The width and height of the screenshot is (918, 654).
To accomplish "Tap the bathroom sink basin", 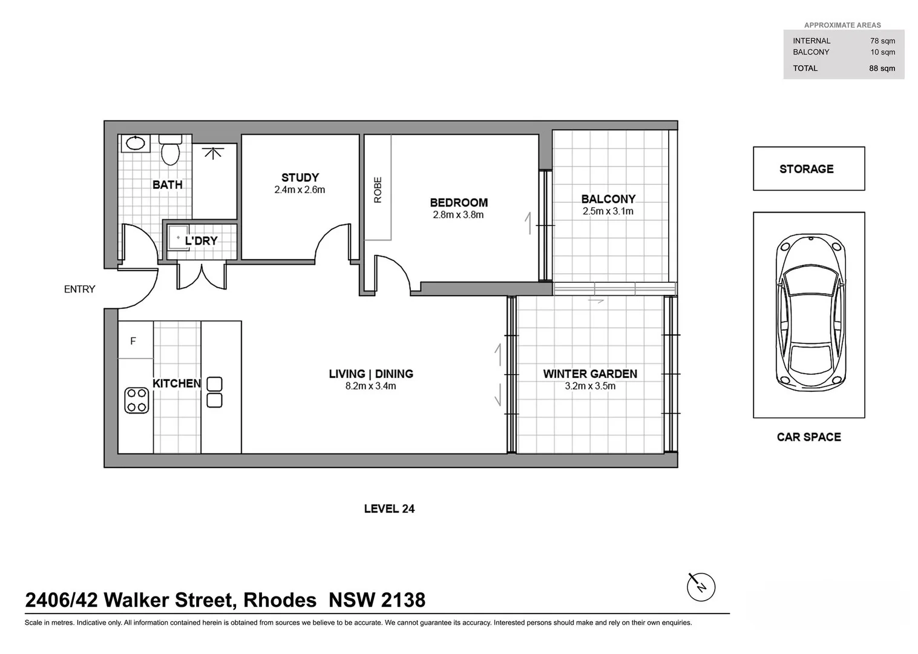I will point(134,144).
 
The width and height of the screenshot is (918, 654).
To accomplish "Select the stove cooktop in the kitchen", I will point(136,400).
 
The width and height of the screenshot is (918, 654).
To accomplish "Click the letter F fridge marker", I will point(133,341).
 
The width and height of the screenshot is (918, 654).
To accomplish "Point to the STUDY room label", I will point(300,177).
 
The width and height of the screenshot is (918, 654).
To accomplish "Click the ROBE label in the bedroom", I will point(378,190).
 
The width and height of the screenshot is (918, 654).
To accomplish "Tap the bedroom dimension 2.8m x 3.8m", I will point(458,215).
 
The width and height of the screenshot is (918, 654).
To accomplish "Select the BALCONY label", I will point(608,199).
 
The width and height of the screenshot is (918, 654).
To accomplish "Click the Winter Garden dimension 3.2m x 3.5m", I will point(590,386).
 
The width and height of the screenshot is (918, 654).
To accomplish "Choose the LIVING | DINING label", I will point(371,374).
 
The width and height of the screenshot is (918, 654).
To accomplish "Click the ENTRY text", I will point(80,289).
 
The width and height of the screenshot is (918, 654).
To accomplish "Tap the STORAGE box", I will point(808,169).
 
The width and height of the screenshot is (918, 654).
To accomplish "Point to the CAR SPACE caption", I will point(808,437).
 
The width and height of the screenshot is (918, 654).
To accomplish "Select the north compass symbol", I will point(701,587).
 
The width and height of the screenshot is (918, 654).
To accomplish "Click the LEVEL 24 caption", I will point(389,509).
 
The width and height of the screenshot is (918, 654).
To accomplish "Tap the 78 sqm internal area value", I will point(882,41).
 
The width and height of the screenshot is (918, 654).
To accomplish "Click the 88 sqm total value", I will point(882,68).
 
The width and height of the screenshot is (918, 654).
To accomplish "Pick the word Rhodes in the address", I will point(280,600).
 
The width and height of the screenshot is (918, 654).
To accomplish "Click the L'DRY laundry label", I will point(201,240).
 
